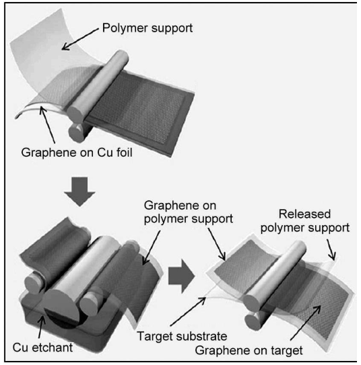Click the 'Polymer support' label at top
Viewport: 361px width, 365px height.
[x=147, y=28]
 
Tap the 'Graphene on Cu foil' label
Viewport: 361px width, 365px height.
[x=77, y=153]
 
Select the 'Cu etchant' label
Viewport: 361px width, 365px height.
[x=42, y=348]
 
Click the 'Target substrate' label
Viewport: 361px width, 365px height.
[x=182, y=336]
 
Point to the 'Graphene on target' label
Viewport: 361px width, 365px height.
[x=249, y=351]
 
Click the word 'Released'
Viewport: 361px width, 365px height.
[x=305, y=214]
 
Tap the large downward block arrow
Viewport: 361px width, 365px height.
[x=79, y=192]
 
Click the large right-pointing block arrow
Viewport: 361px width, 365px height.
[x=181, y=276]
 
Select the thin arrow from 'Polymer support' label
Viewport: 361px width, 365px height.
[x=80, y=39]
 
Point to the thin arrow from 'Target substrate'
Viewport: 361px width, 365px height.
[x=188, y=311]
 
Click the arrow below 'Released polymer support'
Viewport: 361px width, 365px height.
[x=331, y=249]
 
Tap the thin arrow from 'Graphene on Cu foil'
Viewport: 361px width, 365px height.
[x=48, y=125]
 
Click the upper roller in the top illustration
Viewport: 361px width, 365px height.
[x=98, y=86]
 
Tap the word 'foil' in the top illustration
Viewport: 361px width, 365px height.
[x=124, y=153]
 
